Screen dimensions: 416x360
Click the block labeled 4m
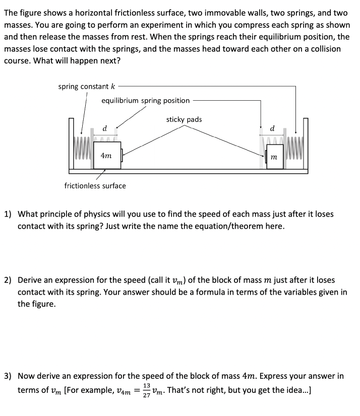[106, 156]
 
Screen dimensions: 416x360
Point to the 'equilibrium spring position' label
[145, 100]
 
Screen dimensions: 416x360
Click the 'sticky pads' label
[184, 119]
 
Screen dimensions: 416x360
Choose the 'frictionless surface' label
[95, 186]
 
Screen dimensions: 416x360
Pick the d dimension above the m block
[273, 129]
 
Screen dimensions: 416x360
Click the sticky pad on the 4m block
[122, 155]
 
